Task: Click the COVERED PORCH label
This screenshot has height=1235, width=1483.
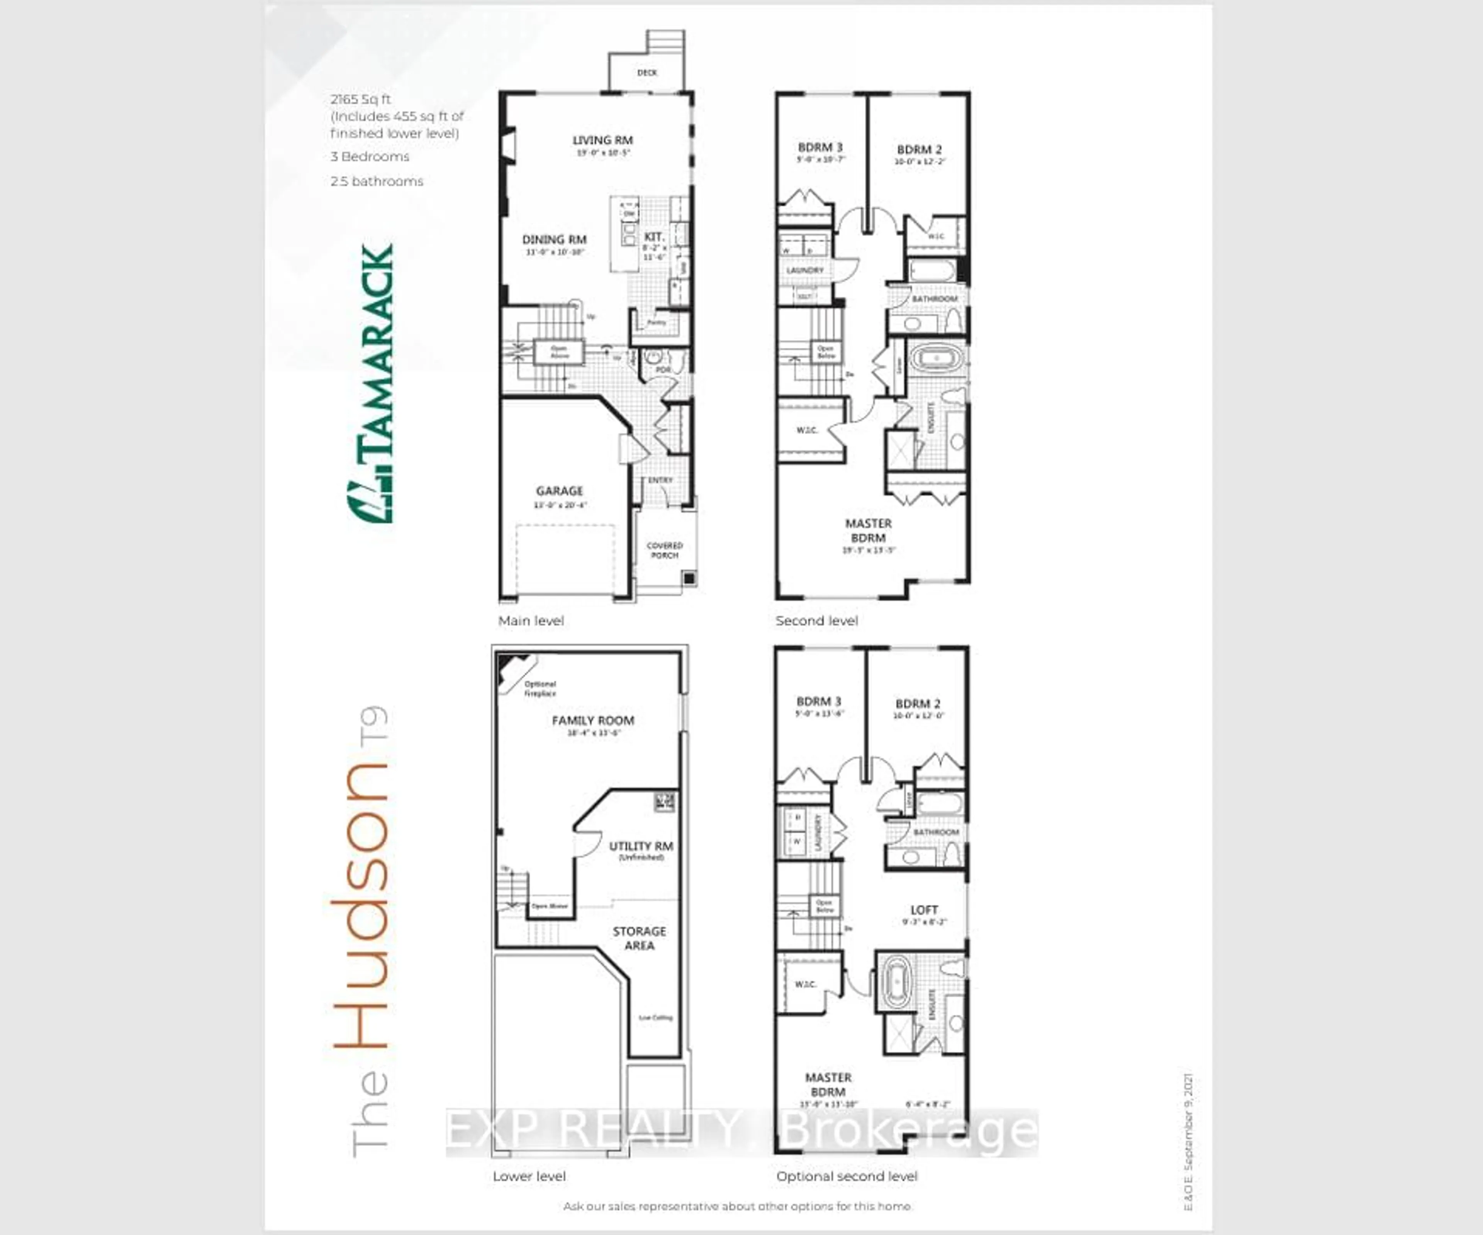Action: (x=665, y=550)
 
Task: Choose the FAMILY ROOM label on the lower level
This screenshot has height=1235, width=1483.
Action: (x=592, y=720)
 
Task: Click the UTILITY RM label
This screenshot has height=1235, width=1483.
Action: (x=641, y=846)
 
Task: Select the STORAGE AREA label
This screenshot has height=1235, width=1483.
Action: (x=639, y=938)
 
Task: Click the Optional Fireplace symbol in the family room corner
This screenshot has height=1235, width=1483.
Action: (x=514, y=671)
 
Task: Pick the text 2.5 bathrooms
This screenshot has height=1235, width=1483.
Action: (x=377, y=181)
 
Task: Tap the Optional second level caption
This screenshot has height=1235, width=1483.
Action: (x=846, y=1176)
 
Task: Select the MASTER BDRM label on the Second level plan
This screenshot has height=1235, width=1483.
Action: (x=868, y=530)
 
